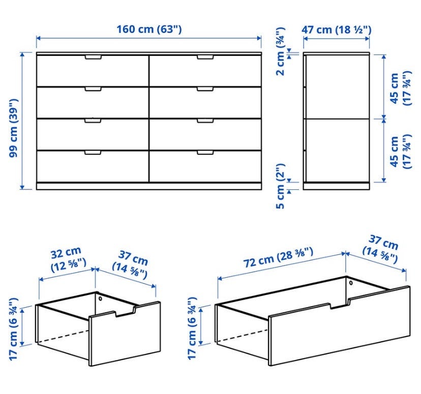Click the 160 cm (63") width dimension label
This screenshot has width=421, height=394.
tap(149, 29)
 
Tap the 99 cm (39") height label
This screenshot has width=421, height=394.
tap(13, 128)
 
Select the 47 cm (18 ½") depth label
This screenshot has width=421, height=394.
tap(337, 30)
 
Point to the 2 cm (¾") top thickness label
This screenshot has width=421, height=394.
tap(281, 51)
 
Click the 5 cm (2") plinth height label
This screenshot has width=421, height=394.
tap(281, 186)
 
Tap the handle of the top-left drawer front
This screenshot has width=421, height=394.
tap(93, 57)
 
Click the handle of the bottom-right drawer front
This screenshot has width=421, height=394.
tap(205, 152)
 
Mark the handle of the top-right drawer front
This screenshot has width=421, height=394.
tap(205, 57)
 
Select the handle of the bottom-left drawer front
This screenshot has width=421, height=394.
tap(93, 152)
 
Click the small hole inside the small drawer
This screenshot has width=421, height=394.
tap(100, 299)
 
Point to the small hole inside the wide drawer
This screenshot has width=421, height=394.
tap(351, 283)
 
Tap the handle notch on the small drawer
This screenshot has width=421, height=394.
tap(125, 312)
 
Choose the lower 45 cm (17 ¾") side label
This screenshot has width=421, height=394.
tap(400, 152)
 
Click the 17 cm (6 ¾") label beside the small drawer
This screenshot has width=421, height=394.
tap(13, 329)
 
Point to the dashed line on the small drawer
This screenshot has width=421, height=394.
tap(64, 336)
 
